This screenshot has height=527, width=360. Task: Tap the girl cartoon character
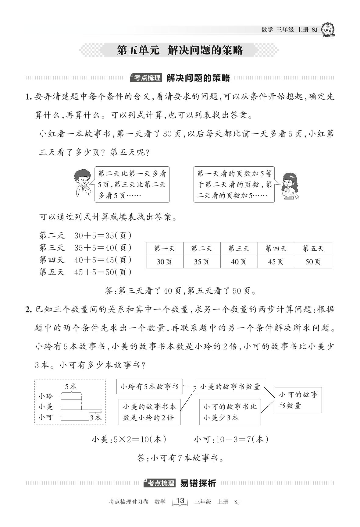point(288,186)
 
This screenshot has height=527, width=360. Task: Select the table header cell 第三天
point(239,249)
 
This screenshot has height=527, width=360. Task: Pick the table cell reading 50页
point(313,262)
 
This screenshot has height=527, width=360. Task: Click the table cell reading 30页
point(165,262)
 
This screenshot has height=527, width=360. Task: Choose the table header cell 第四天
point(276,249)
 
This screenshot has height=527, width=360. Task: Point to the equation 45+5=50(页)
point(103,272)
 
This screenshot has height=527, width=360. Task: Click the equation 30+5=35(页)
point(103,235)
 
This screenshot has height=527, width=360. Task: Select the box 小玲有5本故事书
point(149,387)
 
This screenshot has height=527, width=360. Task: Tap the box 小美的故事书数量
point(230,387)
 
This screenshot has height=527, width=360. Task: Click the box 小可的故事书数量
point(298,400)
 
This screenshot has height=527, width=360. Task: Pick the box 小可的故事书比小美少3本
point(230,412)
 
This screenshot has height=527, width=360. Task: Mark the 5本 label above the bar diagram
point(71,387)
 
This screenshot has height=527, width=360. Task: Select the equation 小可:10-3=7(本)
point(231,440)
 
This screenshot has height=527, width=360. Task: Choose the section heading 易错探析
point(198,483)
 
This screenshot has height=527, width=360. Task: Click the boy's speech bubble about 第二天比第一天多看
point(132,184)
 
